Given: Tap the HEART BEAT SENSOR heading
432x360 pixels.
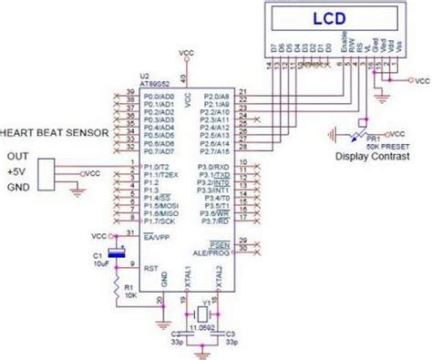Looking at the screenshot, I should point(57,132).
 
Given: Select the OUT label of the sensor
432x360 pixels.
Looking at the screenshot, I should point(17,154).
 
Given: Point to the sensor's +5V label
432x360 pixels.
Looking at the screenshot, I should point(17,170).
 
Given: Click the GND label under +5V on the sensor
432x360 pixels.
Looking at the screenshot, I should point(18,187).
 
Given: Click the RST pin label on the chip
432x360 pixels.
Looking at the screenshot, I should point(152,267).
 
